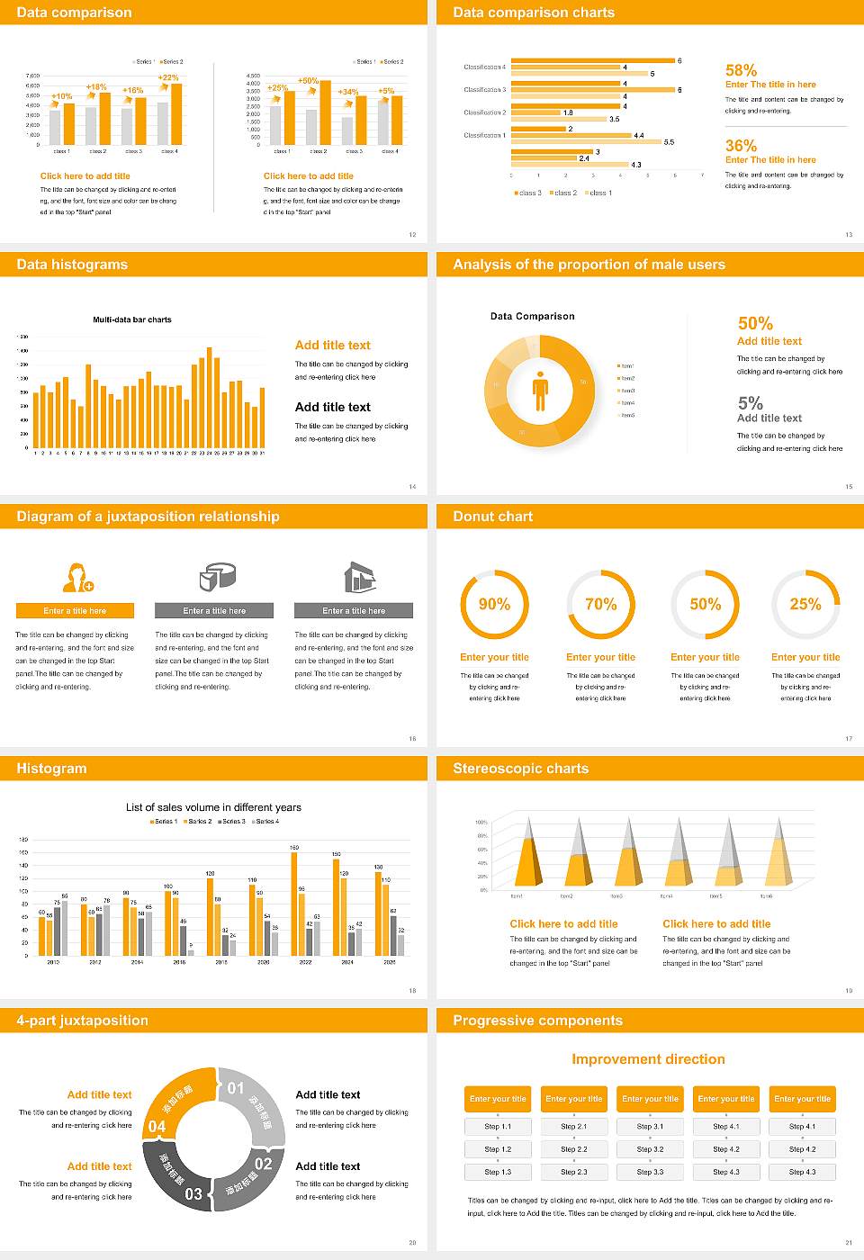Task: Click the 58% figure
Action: coord(741,70)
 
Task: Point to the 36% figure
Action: coord(741,146)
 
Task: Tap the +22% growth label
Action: coord(168,77)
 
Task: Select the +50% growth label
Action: coord(308,80)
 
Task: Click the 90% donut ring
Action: coord(494,604)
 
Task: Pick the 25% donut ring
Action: coord(805,604)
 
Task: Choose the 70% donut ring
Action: coord(600,604)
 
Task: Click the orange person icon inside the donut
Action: coord(540,390)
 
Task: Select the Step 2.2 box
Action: coord(574,1149)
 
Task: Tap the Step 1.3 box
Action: coord(498,1172)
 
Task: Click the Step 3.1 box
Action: coord(650,1127)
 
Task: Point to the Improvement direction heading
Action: coord(648,1059)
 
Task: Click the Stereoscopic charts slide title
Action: coord(520,769)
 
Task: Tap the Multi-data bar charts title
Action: coord(132,319)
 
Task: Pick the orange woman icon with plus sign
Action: coord(77,577)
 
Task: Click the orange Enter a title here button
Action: coord(76,610)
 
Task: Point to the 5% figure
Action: coord(750,402)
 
